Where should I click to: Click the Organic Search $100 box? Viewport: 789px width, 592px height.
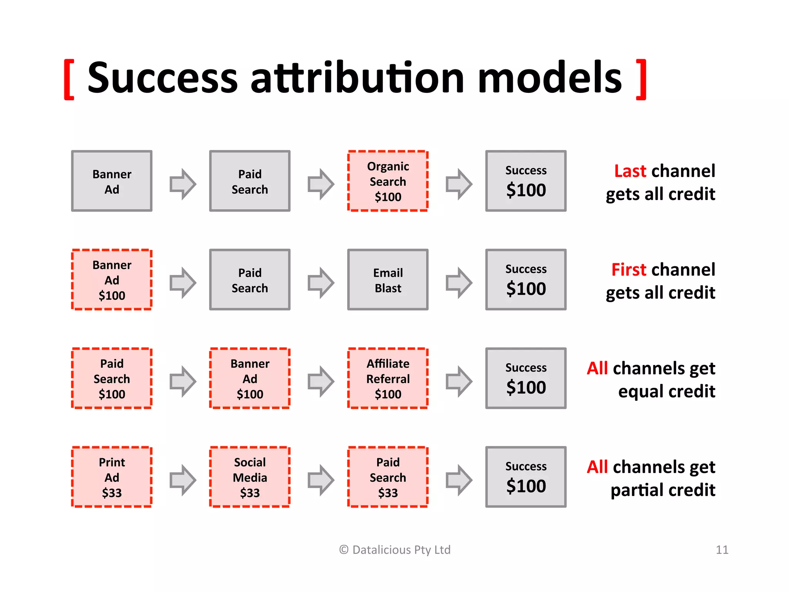tap(388, 181)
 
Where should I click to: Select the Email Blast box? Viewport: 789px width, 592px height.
tap(388, 280)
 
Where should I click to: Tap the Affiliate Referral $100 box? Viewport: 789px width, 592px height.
tap(388, 378)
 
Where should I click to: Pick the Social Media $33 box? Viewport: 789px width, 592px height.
tap(250, 477)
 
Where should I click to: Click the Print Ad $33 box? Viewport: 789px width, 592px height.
tap(112, 477)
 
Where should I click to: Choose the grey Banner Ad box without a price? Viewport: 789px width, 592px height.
tap(112, 181)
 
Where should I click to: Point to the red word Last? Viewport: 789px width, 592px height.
tap(630, 171)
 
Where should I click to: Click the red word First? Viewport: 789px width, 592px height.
tap(628, 269)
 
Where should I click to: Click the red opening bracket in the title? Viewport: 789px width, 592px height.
tap(69, 79)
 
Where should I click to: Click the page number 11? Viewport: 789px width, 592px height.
tap(722, 550)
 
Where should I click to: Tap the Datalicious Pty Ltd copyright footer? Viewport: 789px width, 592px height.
tap(395, 550)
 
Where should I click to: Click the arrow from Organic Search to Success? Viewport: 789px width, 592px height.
tap(458, 184)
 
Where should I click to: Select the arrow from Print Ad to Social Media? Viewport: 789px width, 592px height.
tap(183, 480)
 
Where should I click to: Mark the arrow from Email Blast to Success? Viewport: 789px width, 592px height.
tap(458, 283)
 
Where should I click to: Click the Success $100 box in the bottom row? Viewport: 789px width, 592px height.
tap(525, 477)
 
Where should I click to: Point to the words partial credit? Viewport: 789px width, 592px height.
tap(663, 490)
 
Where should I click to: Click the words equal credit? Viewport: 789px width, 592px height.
tap(666, 392)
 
